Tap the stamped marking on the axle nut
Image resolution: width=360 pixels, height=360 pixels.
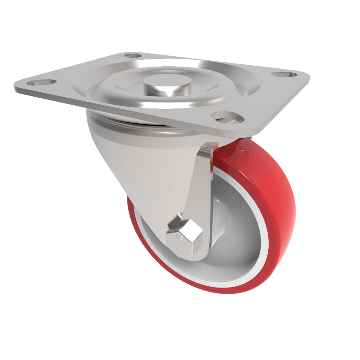(179, 241)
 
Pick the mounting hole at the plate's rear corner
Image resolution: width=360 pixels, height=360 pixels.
(132, 56)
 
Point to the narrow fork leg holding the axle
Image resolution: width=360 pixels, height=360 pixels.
(200, 189)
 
